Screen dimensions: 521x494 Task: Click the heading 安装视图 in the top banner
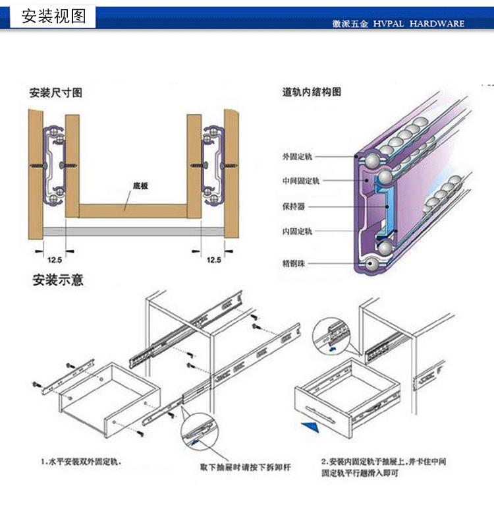pos(54,16)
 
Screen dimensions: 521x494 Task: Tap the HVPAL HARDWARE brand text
pos(418,24)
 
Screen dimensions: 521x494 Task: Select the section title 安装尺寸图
pos(56,92)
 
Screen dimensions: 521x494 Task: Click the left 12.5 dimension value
pos(55,260)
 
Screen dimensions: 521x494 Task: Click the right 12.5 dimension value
pos(214,260)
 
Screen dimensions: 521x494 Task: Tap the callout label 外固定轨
pos(297,157)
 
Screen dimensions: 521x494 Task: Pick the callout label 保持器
pos(294,206)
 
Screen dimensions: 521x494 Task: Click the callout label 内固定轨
pos(297,231)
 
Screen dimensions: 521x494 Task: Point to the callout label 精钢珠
pos(294,264)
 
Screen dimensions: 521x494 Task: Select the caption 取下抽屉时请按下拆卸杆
pos(245,468)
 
